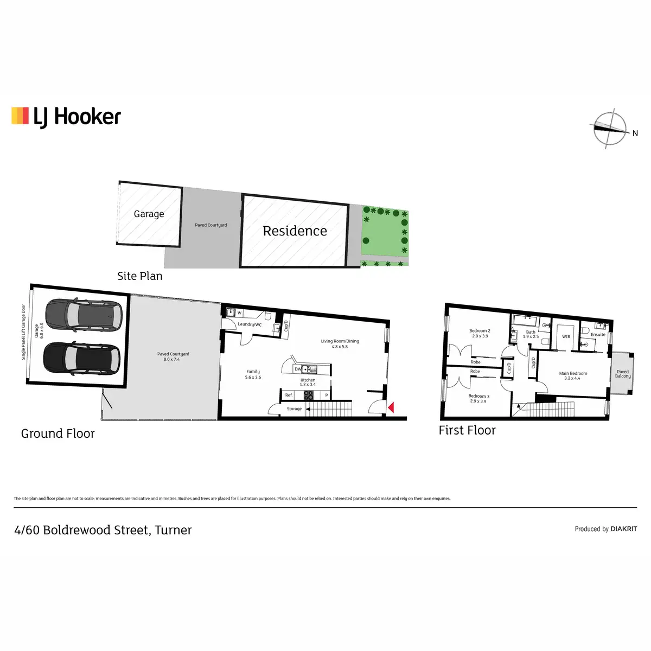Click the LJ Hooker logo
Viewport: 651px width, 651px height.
[66, 117]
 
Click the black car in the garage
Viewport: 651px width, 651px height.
[81, 358]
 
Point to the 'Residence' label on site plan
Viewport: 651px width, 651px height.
[295, 231]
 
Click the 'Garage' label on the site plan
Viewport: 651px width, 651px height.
[149, 214]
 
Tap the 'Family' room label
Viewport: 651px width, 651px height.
[253, 372]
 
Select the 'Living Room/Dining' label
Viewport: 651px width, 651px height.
[340, 341]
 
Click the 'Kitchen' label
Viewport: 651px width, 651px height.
[308, 380]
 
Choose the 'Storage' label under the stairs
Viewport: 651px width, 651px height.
[294, 409]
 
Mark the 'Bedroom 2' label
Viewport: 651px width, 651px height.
[480, 330]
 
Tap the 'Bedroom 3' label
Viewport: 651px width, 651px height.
[478, 396]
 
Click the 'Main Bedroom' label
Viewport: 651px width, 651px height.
[573, 373]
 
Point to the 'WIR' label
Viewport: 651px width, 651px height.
[566, 337]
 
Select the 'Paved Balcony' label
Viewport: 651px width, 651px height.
[623, 374]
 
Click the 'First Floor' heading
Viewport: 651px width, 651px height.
[467, 430]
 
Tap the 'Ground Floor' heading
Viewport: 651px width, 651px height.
[58, 433]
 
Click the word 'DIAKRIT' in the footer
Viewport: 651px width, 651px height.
[624, 529]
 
